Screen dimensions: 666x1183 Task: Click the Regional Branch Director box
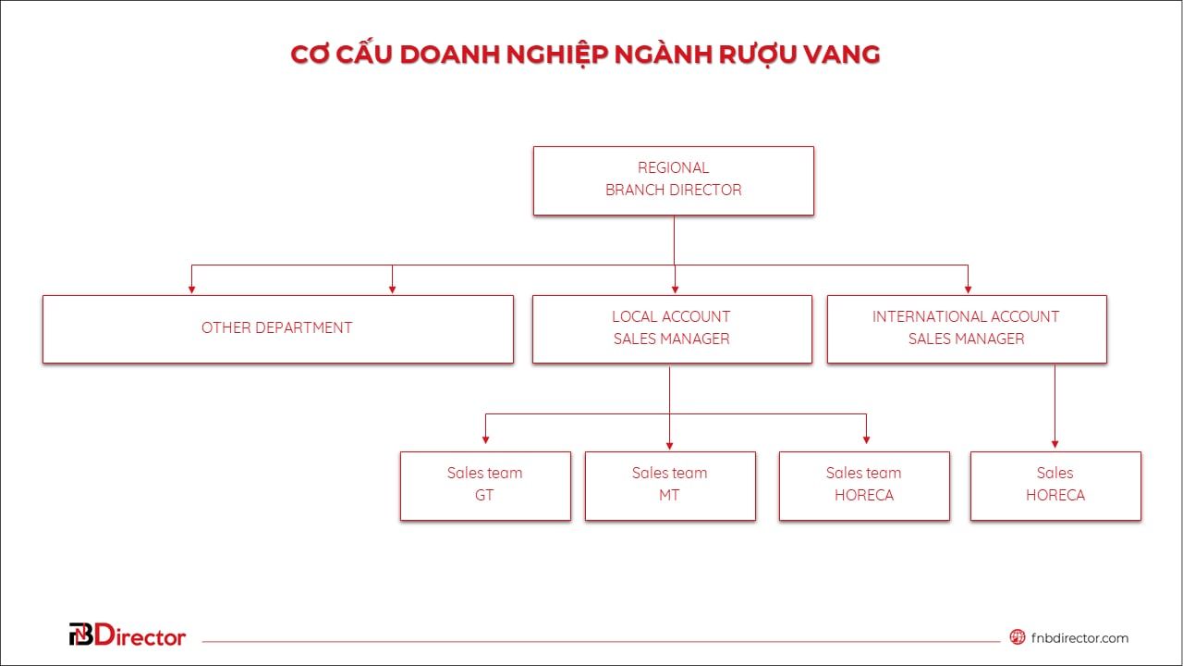tap(673, 180)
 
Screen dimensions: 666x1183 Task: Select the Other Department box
tap(277, 328)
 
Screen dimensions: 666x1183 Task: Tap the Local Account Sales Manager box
tap(672, 328)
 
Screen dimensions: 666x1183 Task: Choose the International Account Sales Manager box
tap(966, 328)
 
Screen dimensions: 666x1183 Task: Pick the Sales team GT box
tap(485, 485)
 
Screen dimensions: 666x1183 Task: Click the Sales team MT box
tap(670, 485)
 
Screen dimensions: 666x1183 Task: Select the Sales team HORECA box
tap(864, 485)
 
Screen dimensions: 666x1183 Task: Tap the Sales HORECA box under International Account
tap(1055, 485)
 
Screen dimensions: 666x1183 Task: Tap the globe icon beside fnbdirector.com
tap(1018, 636)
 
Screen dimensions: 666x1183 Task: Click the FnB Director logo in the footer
tap(128, 635)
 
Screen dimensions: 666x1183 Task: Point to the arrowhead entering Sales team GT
tap(485, 440)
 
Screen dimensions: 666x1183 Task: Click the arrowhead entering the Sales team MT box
tap(670, 445)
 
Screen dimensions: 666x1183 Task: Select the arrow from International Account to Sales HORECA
tap(1055, 407)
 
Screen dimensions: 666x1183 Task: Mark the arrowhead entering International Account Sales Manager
tap(968, 289)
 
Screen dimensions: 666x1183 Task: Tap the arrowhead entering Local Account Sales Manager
tap(675, 289)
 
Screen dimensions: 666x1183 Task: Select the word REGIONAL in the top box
tap(673, 168)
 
